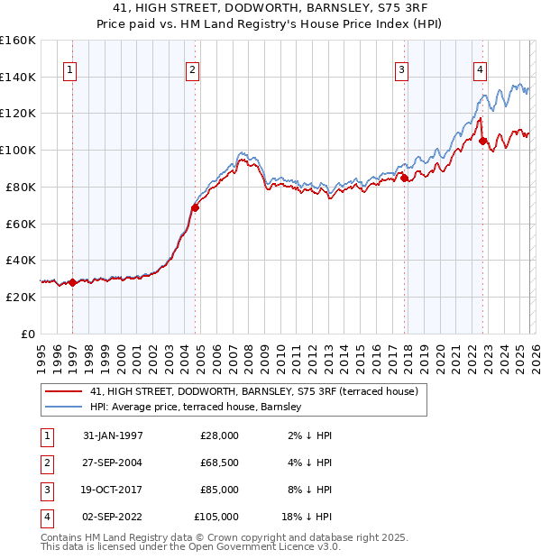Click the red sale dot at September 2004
pyautogui.click(x=195, y=207)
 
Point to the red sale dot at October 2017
pyautogui.click(x=404, y=178)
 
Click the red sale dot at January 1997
pyautogui.click(x=73, y=282)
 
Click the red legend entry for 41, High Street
pyautogui.click(x=254, y=392)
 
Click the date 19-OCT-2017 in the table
pyautogui.click(x=113, y=490)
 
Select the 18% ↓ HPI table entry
pyautogui.click(x=306, y=517)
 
